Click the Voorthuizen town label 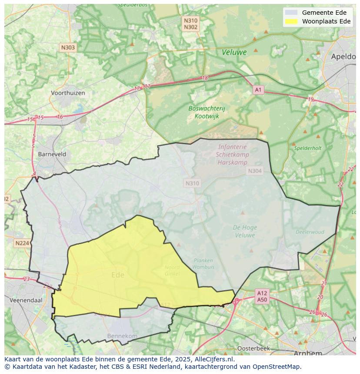pos(67,93)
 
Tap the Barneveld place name pos(52,154)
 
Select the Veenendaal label pos(26,300)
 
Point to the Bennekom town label pos(122,336)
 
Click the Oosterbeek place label pos(253,348)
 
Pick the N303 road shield pos(68,48)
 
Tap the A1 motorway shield pos(258,90)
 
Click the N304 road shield pos(255,171)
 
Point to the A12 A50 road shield pos(262,296)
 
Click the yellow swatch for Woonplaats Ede pos(291,22)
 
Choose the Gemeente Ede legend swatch pos(291,13)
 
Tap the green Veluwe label pos(234,52)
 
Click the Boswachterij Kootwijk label pos(207,112)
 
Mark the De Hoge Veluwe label pos(245,231)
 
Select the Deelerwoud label pos(310,232)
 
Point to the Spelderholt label pos(307,148)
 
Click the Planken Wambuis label pos(203,264)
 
